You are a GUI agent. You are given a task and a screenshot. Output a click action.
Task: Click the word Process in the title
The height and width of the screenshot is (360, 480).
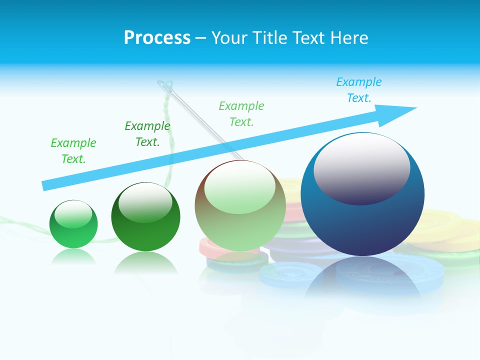pos(157,37)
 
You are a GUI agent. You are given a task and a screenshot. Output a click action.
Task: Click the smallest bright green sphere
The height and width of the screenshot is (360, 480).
pos(73,224)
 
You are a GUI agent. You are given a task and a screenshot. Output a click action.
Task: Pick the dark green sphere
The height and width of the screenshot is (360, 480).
pos(145,217)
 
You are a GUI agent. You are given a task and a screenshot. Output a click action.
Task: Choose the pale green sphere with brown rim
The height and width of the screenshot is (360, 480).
pos(240,206)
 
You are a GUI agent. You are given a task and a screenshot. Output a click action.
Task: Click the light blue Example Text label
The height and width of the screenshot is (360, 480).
pos(358,90)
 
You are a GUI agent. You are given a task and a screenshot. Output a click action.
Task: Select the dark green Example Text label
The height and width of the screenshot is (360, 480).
pos(147,134)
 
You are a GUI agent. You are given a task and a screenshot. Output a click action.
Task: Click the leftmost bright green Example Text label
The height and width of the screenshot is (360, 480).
pos(73,151)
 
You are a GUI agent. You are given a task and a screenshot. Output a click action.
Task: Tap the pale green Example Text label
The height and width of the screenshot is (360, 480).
pos(241,114)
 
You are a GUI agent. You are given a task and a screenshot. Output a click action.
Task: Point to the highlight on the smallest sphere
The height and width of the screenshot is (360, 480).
pos(73,214)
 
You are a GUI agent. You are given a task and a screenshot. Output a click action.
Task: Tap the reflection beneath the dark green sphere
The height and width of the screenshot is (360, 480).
pos(145,263)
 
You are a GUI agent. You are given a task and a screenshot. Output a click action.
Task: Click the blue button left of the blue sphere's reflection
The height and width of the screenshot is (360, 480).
pos(282,274)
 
